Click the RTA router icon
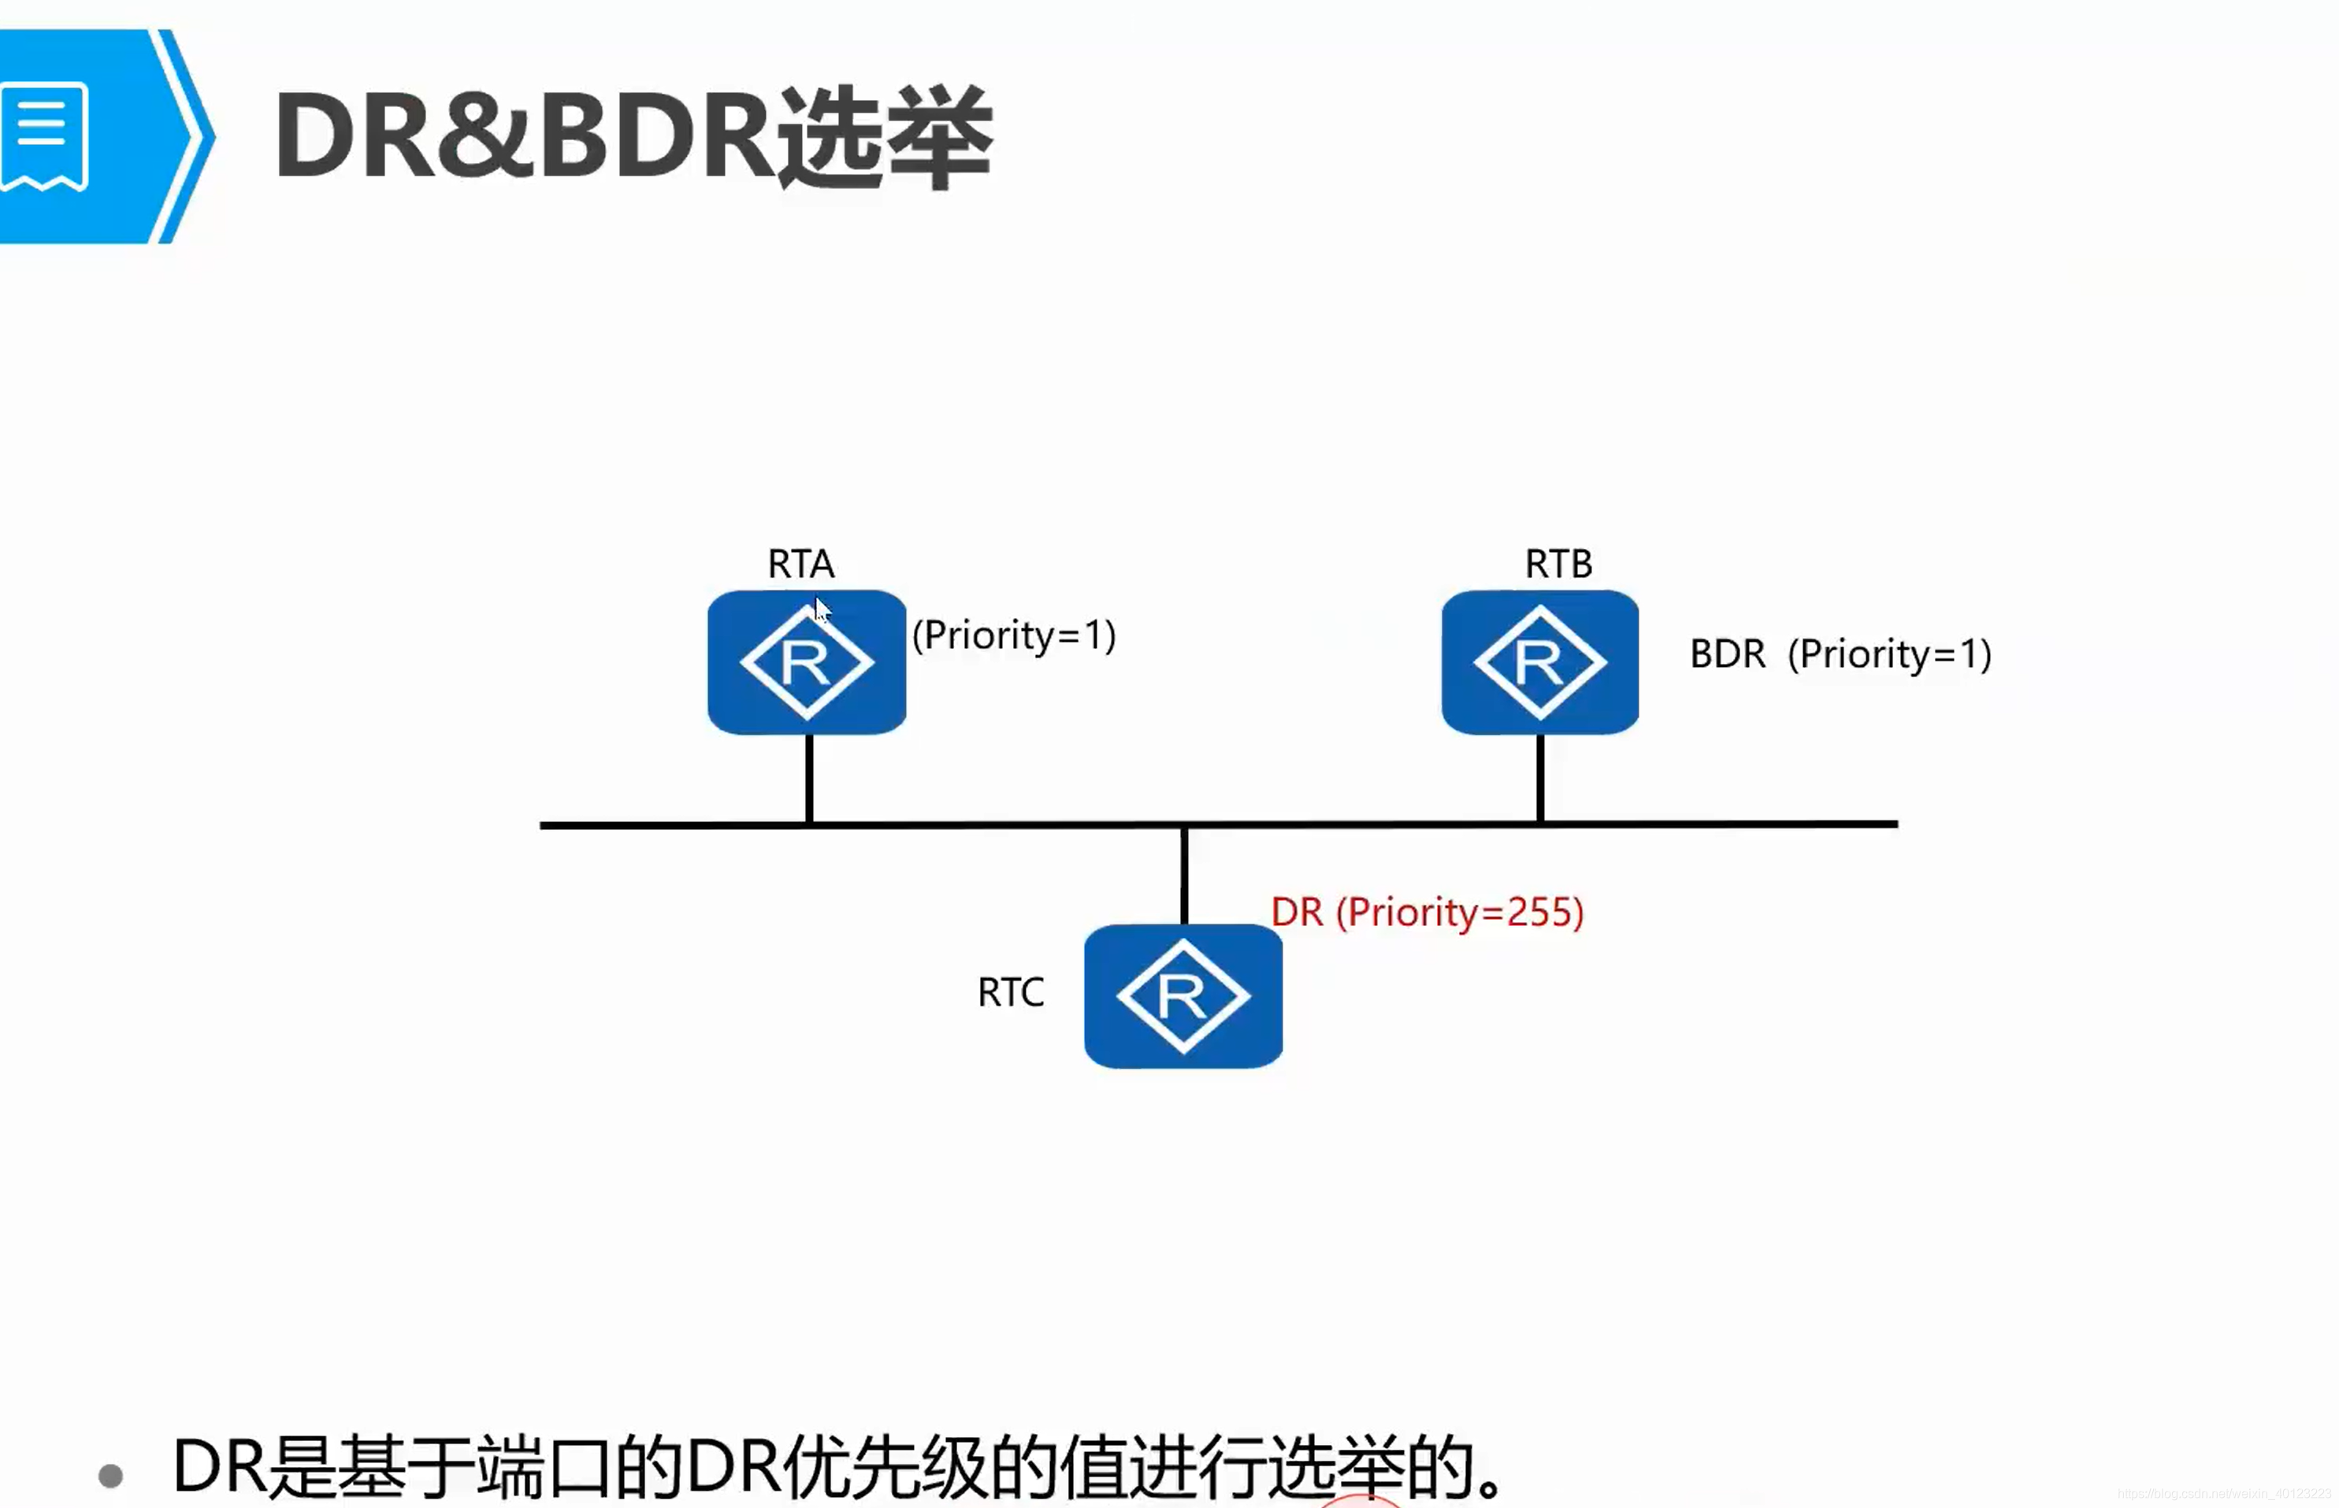(806, 662)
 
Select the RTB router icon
(1539, 662)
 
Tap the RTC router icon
(1183, 996)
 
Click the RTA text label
(800, 564)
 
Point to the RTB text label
(1558, 564)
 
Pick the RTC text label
(1010, 993)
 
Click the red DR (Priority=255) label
(1426, 912)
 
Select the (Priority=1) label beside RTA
(1014, 635)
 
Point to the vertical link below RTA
(809, 779)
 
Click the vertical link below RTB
(1541, 779)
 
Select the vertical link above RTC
(1184, 874)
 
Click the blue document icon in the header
(44, 136)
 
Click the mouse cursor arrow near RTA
(821, 608)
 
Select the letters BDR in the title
(655, 136)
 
